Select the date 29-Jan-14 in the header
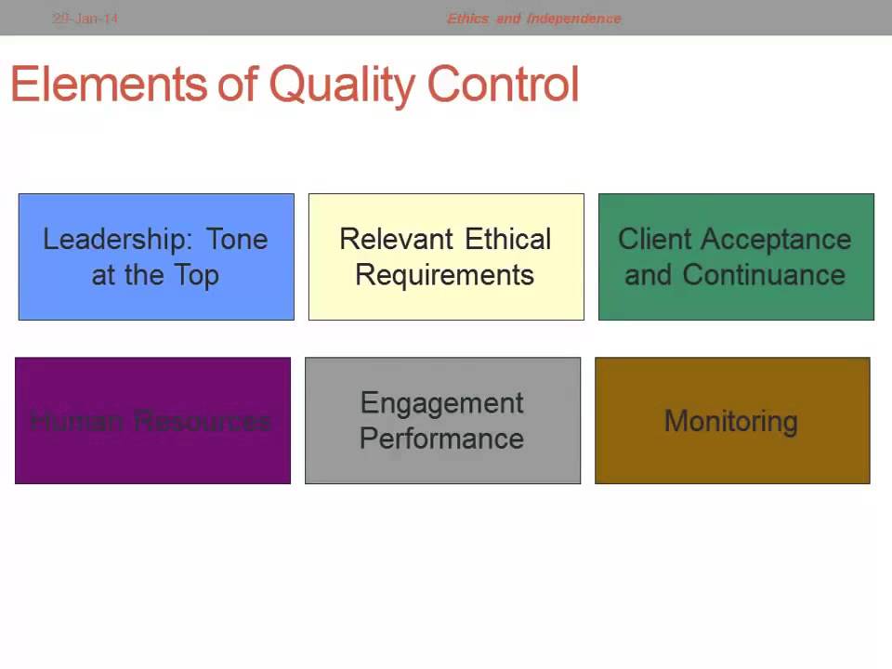click(x=85, y=18)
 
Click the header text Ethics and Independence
click(x=533, y=18)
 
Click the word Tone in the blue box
click(x=237, y=240)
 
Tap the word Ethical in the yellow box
click(x=508, y=240)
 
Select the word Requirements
click(x=445, y=276)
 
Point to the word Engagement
click(x=442, y=403)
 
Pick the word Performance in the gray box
click(x=441, y=439)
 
